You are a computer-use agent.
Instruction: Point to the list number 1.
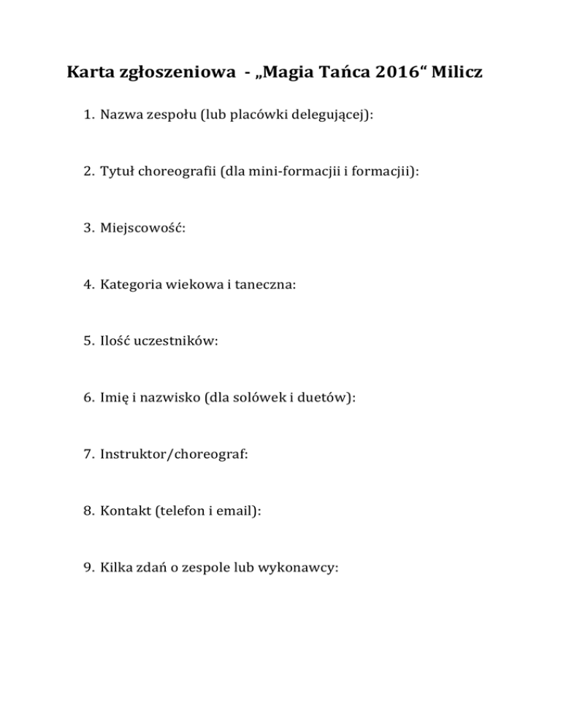click(x=86, y=115)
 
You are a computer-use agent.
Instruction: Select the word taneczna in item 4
click(x=267, y=286)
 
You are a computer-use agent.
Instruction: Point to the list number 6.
click(x=86, y=400)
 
